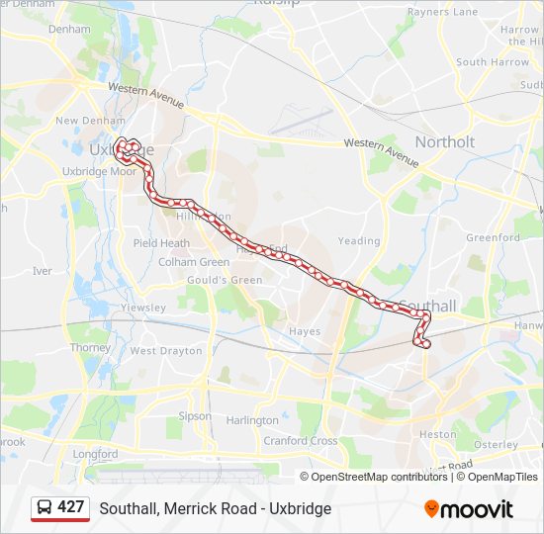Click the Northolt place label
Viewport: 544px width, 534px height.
(444, 142)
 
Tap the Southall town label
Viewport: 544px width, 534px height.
(428, 307)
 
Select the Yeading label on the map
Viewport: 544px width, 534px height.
(358, 240)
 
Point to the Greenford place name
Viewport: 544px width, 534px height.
(493, 238)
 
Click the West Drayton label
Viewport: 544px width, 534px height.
(166, 351)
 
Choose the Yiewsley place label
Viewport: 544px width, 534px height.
(142, 308)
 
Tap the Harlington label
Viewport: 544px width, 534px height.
(252, 420)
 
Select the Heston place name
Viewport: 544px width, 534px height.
(438, 434)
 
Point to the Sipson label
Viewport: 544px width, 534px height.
(195, 416)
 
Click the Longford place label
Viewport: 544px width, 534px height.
(95, 455)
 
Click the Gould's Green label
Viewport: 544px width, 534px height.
(225, 280)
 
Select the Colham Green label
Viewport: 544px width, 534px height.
(194, 262)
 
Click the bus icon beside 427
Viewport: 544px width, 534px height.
(45, 507)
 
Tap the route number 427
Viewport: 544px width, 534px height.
(71, 507)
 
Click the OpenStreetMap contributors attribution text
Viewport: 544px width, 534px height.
(380, 477)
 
